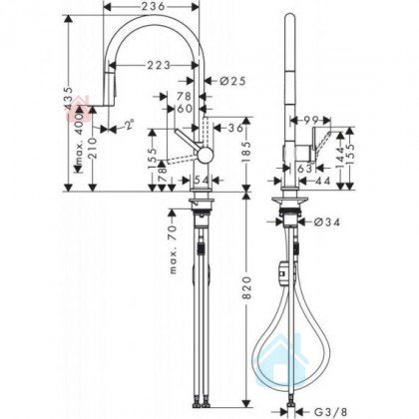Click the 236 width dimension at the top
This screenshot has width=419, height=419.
point(153,6)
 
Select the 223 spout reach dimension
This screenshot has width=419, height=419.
point(159,65)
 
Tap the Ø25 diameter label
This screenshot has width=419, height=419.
point(232,81)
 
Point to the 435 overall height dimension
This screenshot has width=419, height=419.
point(69,98)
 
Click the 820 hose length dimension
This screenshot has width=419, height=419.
point(246,287)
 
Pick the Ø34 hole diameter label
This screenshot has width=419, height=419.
point(327,221)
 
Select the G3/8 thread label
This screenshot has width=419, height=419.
point(330,412)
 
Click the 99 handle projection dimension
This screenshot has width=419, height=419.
point(310,120)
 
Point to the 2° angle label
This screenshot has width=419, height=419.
point(129,125)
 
